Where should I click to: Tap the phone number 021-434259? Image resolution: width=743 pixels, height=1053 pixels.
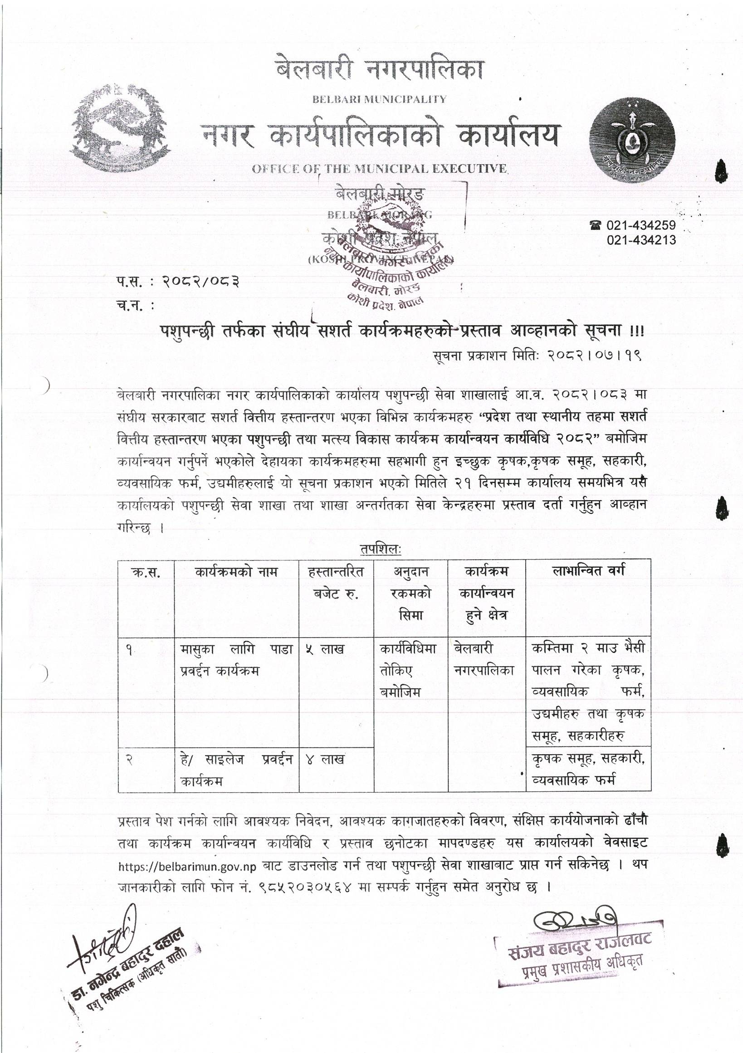(x=641, y=225)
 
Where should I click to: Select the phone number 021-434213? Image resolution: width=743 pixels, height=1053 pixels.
(x=641, y=240)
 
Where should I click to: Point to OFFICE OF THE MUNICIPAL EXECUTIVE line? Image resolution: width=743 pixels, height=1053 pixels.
(x=380, y=169)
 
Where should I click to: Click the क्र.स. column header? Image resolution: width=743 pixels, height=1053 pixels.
(x=147, y=572)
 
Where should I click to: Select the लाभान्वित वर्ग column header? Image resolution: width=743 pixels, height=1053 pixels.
(x=589, y=571)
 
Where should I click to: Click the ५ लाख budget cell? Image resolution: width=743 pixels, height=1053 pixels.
(x=328, y=649)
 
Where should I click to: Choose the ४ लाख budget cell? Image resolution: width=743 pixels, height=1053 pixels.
(x=328, y=760)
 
